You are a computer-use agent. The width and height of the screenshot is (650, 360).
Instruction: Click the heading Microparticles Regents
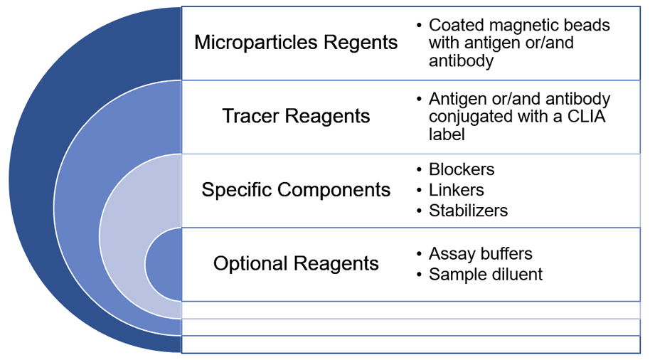point(296,43)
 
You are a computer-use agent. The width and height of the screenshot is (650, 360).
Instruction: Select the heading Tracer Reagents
point(296,116)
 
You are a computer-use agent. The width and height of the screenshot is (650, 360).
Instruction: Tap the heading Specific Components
point(296,190)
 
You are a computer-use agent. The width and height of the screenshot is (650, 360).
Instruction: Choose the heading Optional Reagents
point(296,263)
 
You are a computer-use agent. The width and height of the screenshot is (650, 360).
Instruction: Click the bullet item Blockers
point(462,169)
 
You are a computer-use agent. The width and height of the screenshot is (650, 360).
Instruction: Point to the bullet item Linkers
point(456,190)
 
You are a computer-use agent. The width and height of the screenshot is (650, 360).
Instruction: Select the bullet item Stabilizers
point(468,211)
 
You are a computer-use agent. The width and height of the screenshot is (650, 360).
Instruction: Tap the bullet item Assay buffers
point(480,253)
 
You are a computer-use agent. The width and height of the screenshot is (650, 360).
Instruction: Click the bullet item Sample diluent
point(485,274)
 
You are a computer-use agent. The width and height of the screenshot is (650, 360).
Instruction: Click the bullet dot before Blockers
point(419,170)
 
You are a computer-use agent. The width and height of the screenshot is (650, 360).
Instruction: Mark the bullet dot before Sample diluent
point(419,275)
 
